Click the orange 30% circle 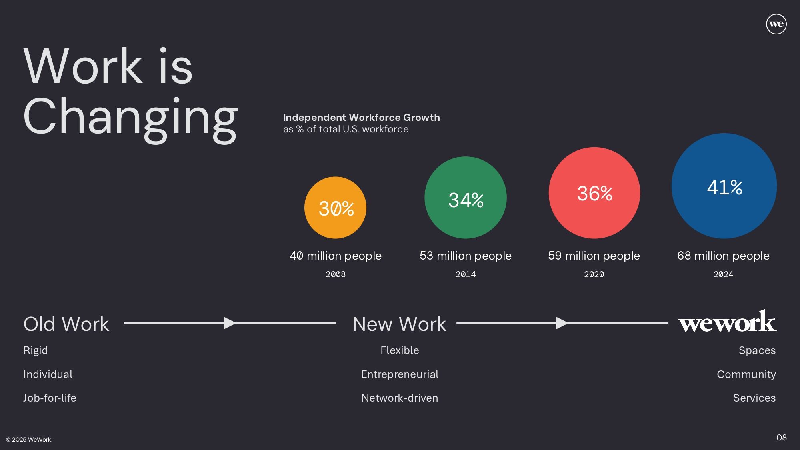pyautogui.click(x=335, y=208)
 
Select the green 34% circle pyautogui.click(x=466, y=198)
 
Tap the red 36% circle pyautogui.click(x=594, y=193)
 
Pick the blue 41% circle pyautogui.click(x=724, y=186)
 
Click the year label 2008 pyautogui.click(x=336, y=274)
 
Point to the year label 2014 pyautogui.click(x=466, y=274)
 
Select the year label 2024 pyautogui.click(x=724, y=274)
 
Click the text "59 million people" pyautogui.click(x=594, y=256)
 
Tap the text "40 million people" pyautogui.click(x=336, y=256)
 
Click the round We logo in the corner pyautogui.click(x=776, y=24)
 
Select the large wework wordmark pyautogui.click(x=727, y=322)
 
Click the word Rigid pyautogui.click(x=36, y=350)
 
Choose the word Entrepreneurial pyautogui.click(x=400, y=374)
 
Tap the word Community pyautogui.click(x=746, y=374)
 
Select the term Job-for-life pyautogui.click(x=50, y=398)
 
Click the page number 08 pyautogui.click(x=782, y=438)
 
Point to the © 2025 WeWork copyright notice pyautogui.click(x=29, y=440)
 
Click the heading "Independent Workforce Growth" pyautogui.click(x=362, y=118)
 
